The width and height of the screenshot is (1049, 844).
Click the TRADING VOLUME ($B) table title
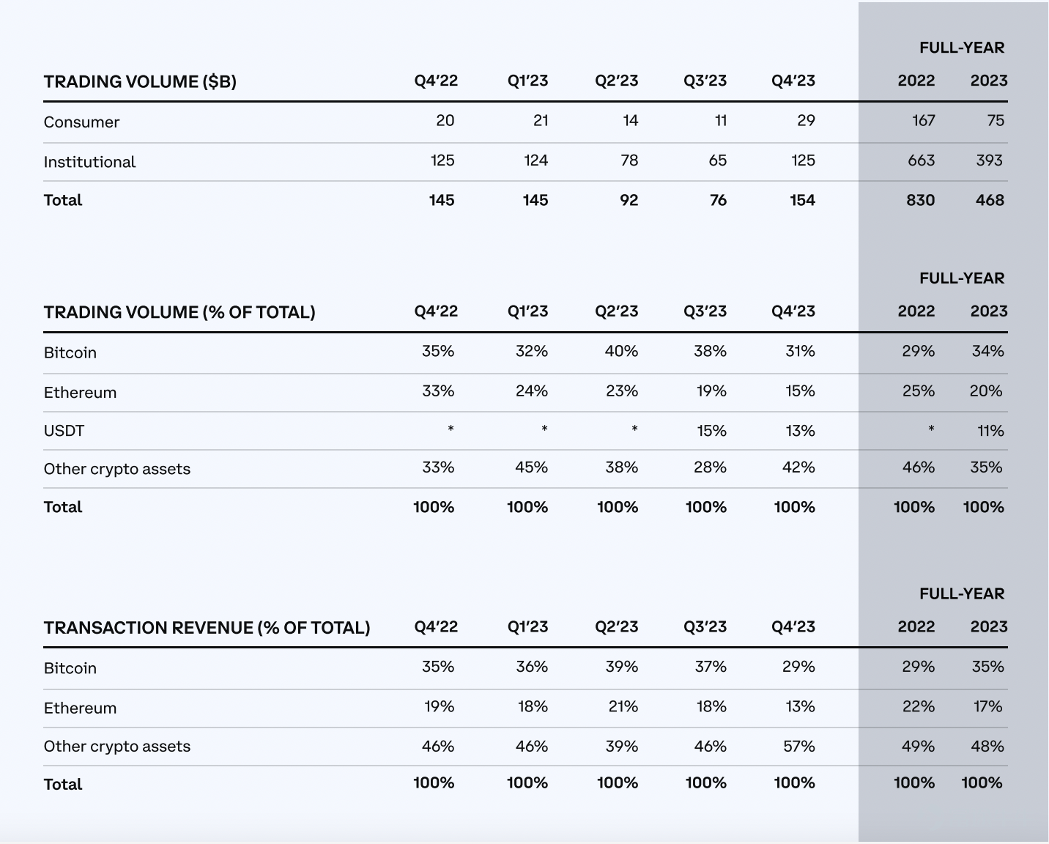(140, 81)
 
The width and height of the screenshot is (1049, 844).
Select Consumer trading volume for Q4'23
(806, 120)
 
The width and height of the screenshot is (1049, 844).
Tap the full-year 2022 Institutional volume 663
(921, 160)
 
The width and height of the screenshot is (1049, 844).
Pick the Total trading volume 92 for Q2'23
(629, 201)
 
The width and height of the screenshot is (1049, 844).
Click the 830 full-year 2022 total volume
(920, 201)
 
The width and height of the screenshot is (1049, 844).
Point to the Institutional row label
(89, 162)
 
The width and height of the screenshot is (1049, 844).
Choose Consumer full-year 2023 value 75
(996, 120)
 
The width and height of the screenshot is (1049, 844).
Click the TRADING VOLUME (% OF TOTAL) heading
(179, 312)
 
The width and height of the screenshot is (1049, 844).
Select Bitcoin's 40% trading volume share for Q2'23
(621, 351)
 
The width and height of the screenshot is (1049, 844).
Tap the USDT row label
(64, 431)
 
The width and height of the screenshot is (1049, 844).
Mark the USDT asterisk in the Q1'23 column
(544, 429)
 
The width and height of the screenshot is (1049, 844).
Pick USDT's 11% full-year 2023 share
(990, 431)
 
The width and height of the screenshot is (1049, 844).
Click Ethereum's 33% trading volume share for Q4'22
(438, 391)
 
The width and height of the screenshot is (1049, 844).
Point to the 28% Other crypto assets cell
(711, 467)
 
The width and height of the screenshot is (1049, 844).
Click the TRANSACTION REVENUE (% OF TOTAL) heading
(207, 628)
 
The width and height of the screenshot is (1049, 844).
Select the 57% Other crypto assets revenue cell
(799, 747)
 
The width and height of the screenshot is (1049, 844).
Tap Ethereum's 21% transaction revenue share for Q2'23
(623, 706)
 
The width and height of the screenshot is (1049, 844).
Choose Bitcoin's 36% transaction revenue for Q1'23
(532, 667)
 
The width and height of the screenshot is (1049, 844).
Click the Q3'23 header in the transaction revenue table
(705, 626)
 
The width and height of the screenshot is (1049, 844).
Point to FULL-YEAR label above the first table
(962, 48)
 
